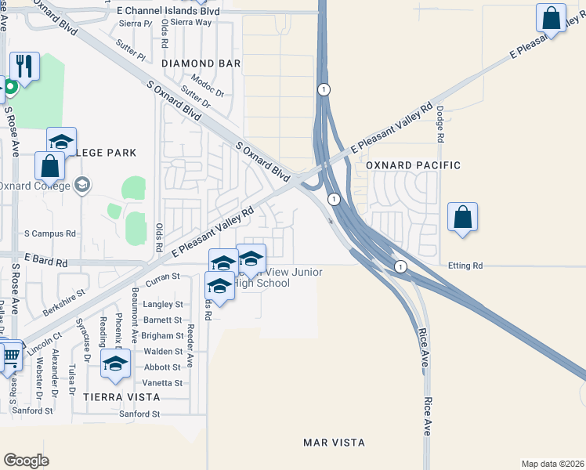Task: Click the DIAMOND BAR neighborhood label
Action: [x=199, y=63]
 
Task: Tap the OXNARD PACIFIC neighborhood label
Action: [x=413, y=165]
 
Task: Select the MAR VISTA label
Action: [x=334, y=443]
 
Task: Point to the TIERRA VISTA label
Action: [x=121, y=397]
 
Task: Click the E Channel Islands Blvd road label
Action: [x=167, y=12]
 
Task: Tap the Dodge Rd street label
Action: [x=440, y=124]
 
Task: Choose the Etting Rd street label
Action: [x=465, y=266]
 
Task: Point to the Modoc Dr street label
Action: [x=207, y=84]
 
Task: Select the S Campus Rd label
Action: [x=50, y=233]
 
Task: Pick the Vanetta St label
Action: [x=163, y=383]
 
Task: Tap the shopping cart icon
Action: [x=9, y=357]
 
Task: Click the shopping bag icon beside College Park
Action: [x=49, y=166]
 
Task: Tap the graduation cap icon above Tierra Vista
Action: [x=116, y=364]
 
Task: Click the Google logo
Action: [x=27, y=461]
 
